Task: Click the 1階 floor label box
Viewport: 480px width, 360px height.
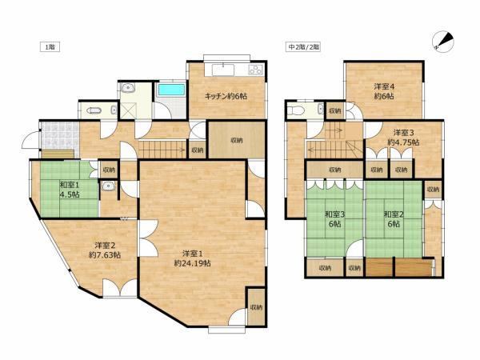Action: point(50,47)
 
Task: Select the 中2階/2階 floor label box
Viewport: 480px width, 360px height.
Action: point(303,47)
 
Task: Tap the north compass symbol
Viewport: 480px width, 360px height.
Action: point(442,42)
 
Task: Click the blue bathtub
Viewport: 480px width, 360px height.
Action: point(171,90)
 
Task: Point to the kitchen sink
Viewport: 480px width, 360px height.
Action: point(223,70)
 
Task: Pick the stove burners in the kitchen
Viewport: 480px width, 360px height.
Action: point(256,70)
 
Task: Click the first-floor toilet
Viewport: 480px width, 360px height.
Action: point(94,110)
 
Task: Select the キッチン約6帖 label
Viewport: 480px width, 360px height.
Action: point(226,96)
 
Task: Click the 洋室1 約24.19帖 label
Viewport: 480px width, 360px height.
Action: point(192,258)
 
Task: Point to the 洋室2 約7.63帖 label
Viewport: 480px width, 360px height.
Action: point(104,250)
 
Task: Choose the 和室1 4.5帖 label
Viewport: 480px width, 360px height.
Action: point(70,190)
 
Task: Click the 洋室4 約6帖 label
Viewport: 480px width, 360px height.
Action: point(384,91)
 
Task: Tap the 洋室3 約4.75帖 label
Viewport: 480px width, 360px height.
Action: point(403,138)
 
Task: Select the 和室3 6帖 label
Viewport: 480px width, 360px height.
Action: point(334,219)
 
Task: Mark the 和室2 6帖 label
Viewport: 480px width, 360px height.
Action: point(394,219)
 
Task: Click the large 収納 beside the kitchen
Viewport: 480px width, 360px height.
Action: point(237,140)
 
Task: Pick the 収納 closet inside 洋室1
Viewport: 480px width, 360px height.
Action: point(256,307)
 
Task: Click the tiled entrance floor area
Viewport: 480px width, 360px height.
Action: point(60,136)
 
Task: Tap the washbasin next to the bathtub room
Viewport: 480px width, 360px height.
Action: point(128,89)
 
